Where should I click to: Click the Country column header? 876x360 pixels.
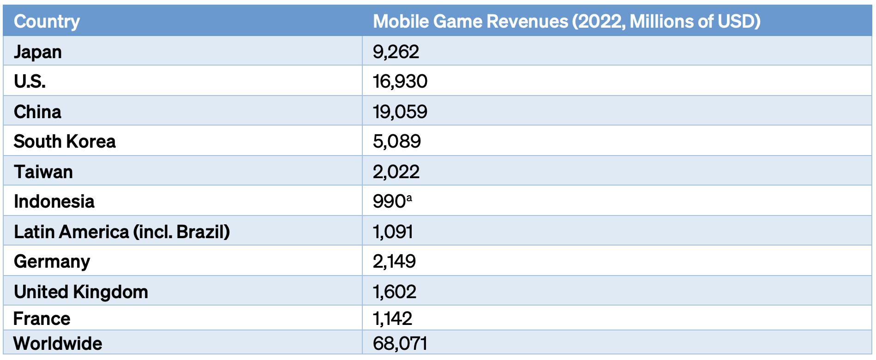pyautogui.click(x=47, y=22)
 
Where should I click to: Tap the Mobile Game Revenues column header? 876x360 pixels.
pyautogui.click(x=567, y=22)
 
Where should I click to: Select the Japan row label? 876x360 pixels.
pyautogui.click(x=38, y=52)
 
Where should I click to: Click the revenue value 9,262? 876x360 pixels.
pyautogui.click(x=396, y=52)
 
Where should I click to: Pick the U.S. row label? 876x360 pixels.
pyautogui.click(x=30, y=82)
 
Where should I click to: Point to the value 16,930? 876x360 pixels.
pyautogui.click(x=400, y=82)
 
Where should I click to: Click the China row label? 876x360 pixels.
pyautogui.click(x=37, y=112)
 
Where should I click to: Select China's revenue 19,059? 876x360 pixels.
pyautogui.click(x=400, y=112)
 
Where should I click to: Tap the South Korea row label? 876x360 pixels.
pyautogui.click(x=65, y=142)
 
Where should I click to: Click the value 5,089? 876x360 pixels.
pyautogui.click(x=397, y=142)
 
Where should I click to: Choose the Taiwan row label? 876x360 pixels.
pyautogui.click(x=43, y=172)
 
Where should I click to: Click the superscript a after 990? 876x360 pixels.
pyautogui.click(x=409, y=198)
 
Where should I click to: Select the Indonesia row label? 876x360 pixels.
pyautogui.click(x=54, y=202)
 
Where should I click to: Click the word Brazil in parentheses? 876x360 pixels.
pyautogui.click(x=203, y=232)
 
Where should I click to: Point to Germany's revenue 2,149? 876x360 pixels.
pyautogui.click(x=395, y=262)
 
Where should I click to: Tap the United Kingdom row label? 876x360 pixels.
pyautogui.click(x=81, y=292)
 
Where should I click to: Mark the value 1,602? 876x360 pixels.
pyautogui.click(x=395, y=292)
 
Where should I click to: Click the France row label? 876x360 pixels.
pyautogui.click(x=42, y=319)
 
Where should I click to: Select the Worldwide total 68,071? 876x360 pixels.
pyautogui.click(x=400, y=344)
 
